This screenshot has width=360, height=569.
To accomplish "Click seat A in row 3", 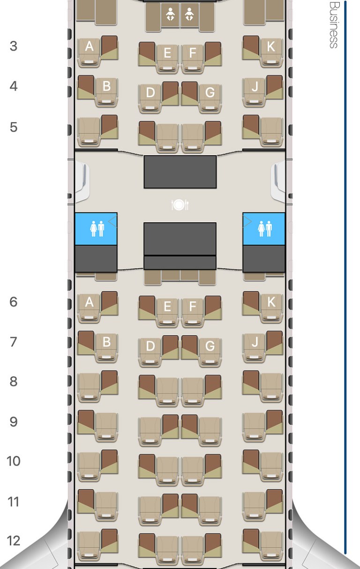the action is (x=89, y=53).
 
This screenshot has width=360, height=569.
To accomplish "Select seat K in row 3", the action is (x=271, y=53).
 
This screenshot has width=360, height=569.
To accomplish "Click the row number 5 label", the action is (x=14, y=127).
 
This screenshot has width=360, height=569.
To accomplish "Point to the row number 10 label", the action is (x=14, y=461).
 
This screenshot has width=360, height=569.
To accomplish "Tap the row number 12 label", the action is (x=14, y=541).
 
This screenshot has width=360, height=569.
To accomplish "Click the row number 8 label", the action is (x=14, y=381).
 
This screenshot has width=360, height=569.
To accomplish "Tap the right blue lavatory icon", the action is (x=264, y=229).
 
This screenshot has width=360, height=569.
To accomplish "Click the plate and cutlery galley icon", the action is (x=180, y=205).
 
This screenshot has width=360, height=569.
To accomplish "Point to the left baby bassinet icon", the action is (x=170, y=14).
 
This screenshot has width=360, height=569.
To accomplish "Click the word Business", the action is (x=334, y=25).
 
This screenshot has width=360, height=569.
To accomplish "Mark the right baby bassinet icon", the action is (x=189, y=14).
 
